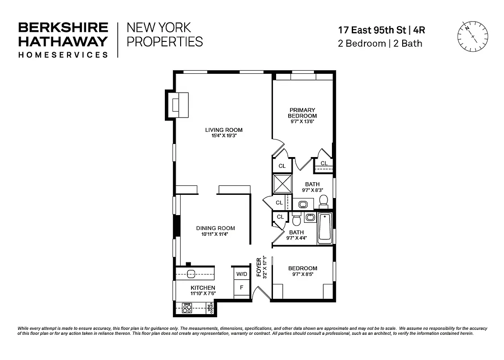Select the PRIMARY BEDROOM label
(x=302, y=113)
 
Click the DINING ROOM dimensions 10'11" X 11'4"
(x=215, y=234)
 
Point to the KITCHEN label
(x=203, y=288)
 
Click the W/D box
(x=241, y=274)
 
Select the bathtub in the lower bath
(x=325, y=229)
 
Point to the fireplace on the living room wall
(x=177, y=105)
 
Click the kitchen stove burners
(x=187, y=308)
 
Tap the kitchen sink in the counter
(x=191, y=273)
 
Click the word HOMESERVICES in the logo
(x=63, y=54)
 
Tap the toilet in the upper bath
(x=323, y=201)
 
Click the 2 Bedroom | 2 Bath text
(x=380, y=44)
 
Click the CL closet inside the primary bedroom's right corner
(x=323, y=163)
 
